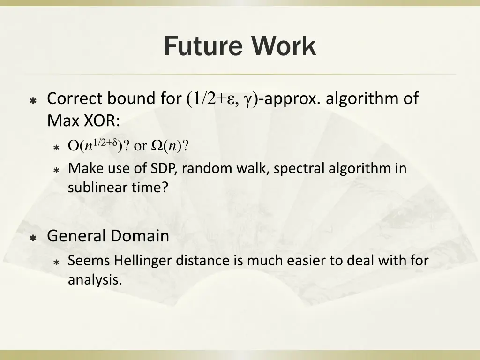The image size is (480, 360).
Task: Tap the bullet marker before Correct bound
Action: (x=33, y=100)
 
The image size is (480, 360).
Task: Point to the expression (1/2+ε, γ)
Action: (x=222, y=99)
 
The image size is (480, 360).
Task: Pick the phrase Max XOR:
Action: (x=83, y=121)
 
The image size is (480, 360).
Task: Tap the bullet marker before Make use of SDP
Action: (x=56, y=170)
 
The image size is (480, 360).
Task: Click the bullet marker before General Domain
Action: (x=33, y=238)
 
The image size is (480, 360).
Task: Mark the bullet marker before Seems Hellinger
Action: (x=56, y=262)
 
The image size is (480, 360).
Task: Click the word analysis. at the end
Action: (x=95, y=280)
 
